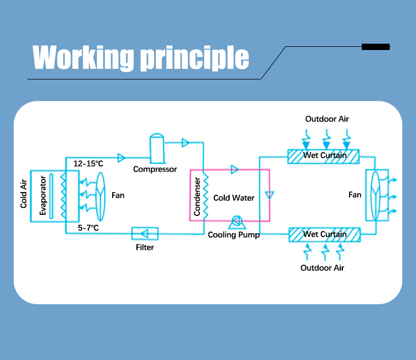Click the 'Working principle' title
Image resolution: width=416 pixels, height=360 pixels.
click(141, 57)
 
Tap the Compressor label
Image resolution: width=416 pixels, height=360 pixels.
click(155, 169)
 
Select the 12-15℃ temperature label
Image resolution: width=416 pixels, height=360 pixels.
click(88, 164)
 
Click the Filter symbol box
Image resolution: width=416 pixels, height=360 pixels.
click(145, 233)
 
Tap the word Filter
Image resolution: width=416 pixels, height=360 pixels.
click(145, 247)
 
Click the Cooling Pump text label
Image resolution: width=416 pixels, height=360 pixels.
click(234, 235)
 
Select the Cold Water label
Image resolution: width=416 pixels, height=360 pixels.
click(234, 198)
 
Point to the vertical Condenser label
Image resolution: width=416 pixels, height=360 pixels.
click(197, 196)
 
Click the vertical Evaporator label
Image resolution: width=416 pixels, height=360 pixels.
click(43, 196)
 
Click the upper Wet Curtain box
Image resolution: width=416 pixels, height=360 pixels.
click(324, 156)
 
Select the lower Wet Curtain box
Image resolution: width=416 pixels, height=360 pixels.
click(324, 234)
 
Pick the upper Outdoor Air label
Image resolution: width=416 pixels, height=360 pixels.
click(327, 119)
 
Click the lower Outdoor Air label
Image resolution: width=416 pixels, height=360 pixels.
click(322, 268)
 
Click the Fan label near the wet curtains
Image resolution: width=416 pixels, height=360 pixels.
click(355, 195)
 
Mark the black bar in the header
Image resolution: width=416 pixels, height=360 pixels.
click(375, 47)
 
